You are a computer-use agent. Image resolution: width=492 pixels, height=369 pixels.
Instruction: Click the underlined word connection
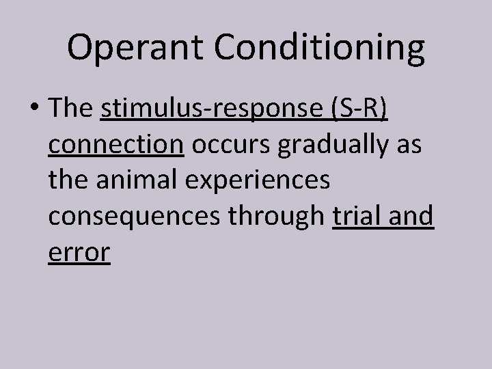(x=116, y=147)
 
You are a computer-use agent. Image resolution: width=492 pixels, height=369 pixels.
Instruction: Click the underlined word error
(x=79, y=252)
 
